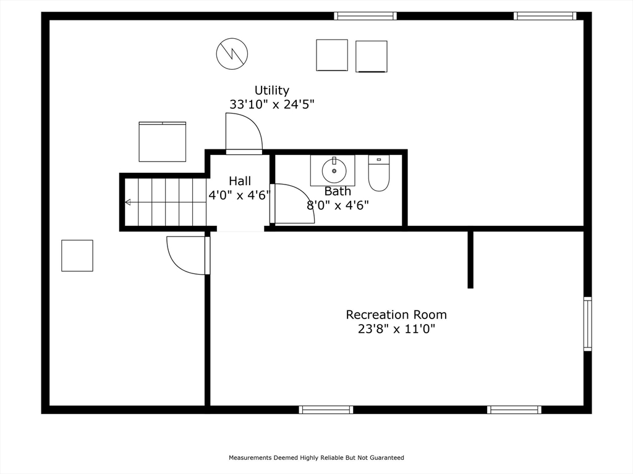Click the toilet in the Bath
coord(379,173)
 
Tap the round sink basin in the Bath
coord(334,171)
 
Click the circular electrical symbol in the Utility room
coord(232,54)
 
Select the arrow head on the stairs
coord(128,202)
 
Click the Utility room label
coord(272,90)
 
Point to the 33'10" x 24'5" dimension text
coord(272,104)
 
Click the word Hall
coord(240,181)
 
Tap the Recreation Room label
coord(396,314)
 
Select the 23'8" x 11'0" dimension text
coord(396,329)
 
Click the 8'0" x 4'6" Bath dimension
coord(338,206)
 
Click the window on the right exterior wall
coord(588,324)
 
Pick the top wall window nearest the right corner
coord(545,15)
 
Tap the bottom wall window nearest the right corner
coord(514,410)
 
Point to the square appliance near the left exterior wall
coord(77,256)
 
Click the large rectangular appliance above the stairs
coord(163,141)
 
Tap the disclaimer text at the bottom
coord(316,457)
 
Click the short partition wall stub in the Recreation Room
coord(470,260)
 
